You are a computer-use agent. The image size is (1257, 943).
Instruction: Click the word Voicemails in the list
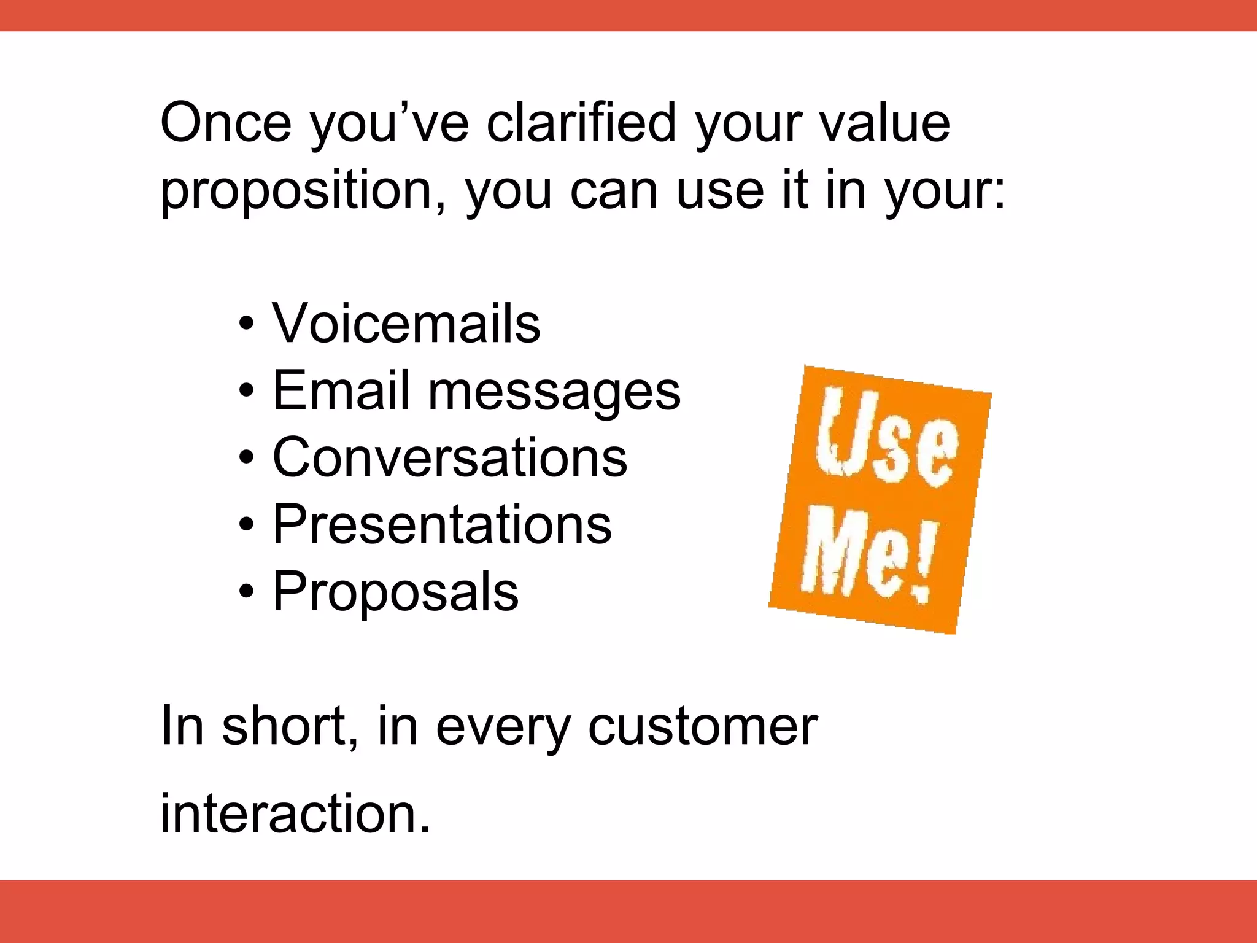point(406,324)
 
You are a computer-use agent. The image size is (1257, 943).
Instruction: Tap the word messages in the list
point(554,393)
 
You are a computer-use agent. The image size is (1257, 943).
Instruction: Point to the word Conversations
point(450,457)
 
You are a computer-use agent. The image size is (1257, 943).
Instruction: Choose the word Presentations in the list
point(442,524)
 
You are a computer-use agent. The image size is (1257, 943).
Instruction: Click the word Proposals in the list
point(395,592)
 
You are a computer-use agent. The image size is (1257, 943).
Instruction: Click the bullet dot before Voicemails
point(246,325)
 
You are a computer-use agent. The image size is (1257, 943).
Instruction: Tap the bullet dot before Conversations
point(246,459)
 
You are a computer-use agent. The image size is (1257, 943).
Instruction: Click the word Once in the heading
point(225,123)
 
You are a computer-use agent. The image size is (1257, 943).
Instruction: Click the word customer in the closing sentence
point(702,727)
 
